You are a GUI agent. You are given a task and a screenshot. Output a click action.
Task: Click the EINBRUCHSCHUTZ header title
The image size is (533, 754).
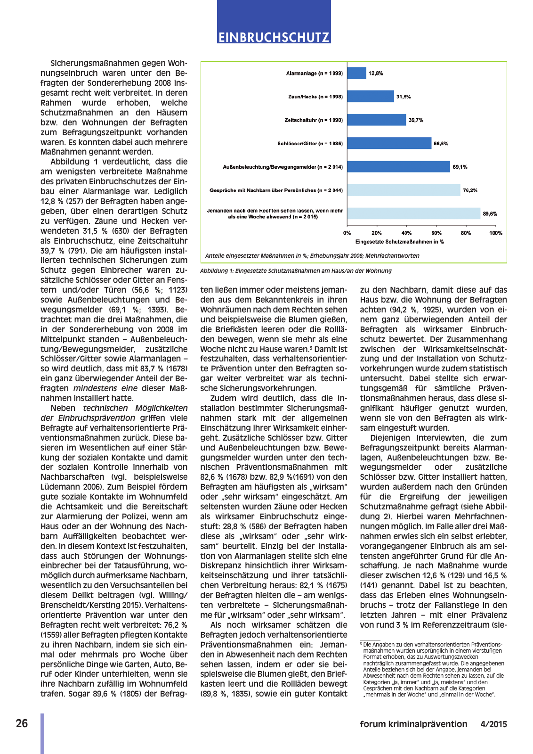[274, 37]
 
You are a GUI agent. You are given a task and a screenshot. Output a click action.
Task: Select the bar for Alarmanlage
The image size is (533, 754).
[356, 73]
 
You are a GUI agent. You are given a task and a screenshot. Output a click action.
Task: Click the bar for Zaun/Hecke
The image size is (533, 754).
[371, 97]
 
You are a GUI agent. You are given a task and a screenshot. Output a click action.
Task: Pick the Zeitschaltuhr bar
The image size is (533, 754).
[377, 120]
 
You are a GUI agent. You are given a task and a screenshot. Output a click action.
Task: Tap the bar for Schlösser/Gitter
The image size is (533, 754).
[389, 143]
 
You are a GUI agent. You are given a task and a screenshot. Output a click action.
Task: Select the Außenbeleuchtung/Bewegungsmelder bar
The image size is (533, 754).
[398, 167]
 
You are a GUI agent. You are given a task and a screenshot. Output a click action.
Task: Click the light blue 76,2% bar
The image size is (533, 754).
[404, 190]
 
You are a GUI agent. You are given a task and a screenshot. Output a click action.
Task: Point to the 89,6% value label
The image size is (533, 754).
[490, 214]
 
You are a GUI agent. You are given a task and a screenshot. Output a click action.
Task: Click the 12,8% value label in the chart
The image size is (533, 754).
[376, 74]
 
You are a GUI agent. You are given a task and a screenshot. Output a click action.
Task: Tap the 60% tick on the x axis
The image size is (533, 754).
[436, 233]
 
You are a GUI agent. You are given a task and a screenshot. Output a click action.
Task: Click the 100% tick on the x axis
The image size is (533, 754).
[495, 233]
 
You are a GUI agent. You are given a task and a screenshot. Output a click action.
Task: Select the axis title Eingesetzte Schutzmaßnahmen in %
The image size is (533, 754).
[399, 242]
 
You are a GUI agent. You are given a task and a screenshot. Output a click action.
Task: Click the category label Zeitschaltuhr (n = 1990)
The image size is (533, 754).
[314, 120]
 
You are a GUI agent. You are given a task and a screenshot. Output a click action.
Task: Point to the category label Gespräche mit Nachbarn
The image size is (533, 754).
[276, 190]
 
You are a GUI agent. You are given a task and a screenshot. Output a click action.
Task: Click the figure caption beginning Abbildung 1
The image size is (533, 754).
[296, 271]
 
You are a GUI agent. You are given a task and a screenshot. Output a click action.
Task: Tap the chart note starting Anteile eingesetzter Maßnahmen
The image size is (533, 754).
[312, 256]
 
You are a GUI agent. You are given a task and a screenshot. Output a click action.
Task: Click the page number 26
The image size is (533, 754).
[22, 724]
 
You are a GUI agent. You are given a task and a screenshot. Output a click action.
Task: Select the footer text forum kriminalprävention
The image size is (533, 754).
[413, 724]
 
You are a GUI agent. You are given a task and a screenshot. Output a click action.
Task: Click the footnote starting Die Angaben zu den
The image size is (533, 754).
[432, 669]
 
